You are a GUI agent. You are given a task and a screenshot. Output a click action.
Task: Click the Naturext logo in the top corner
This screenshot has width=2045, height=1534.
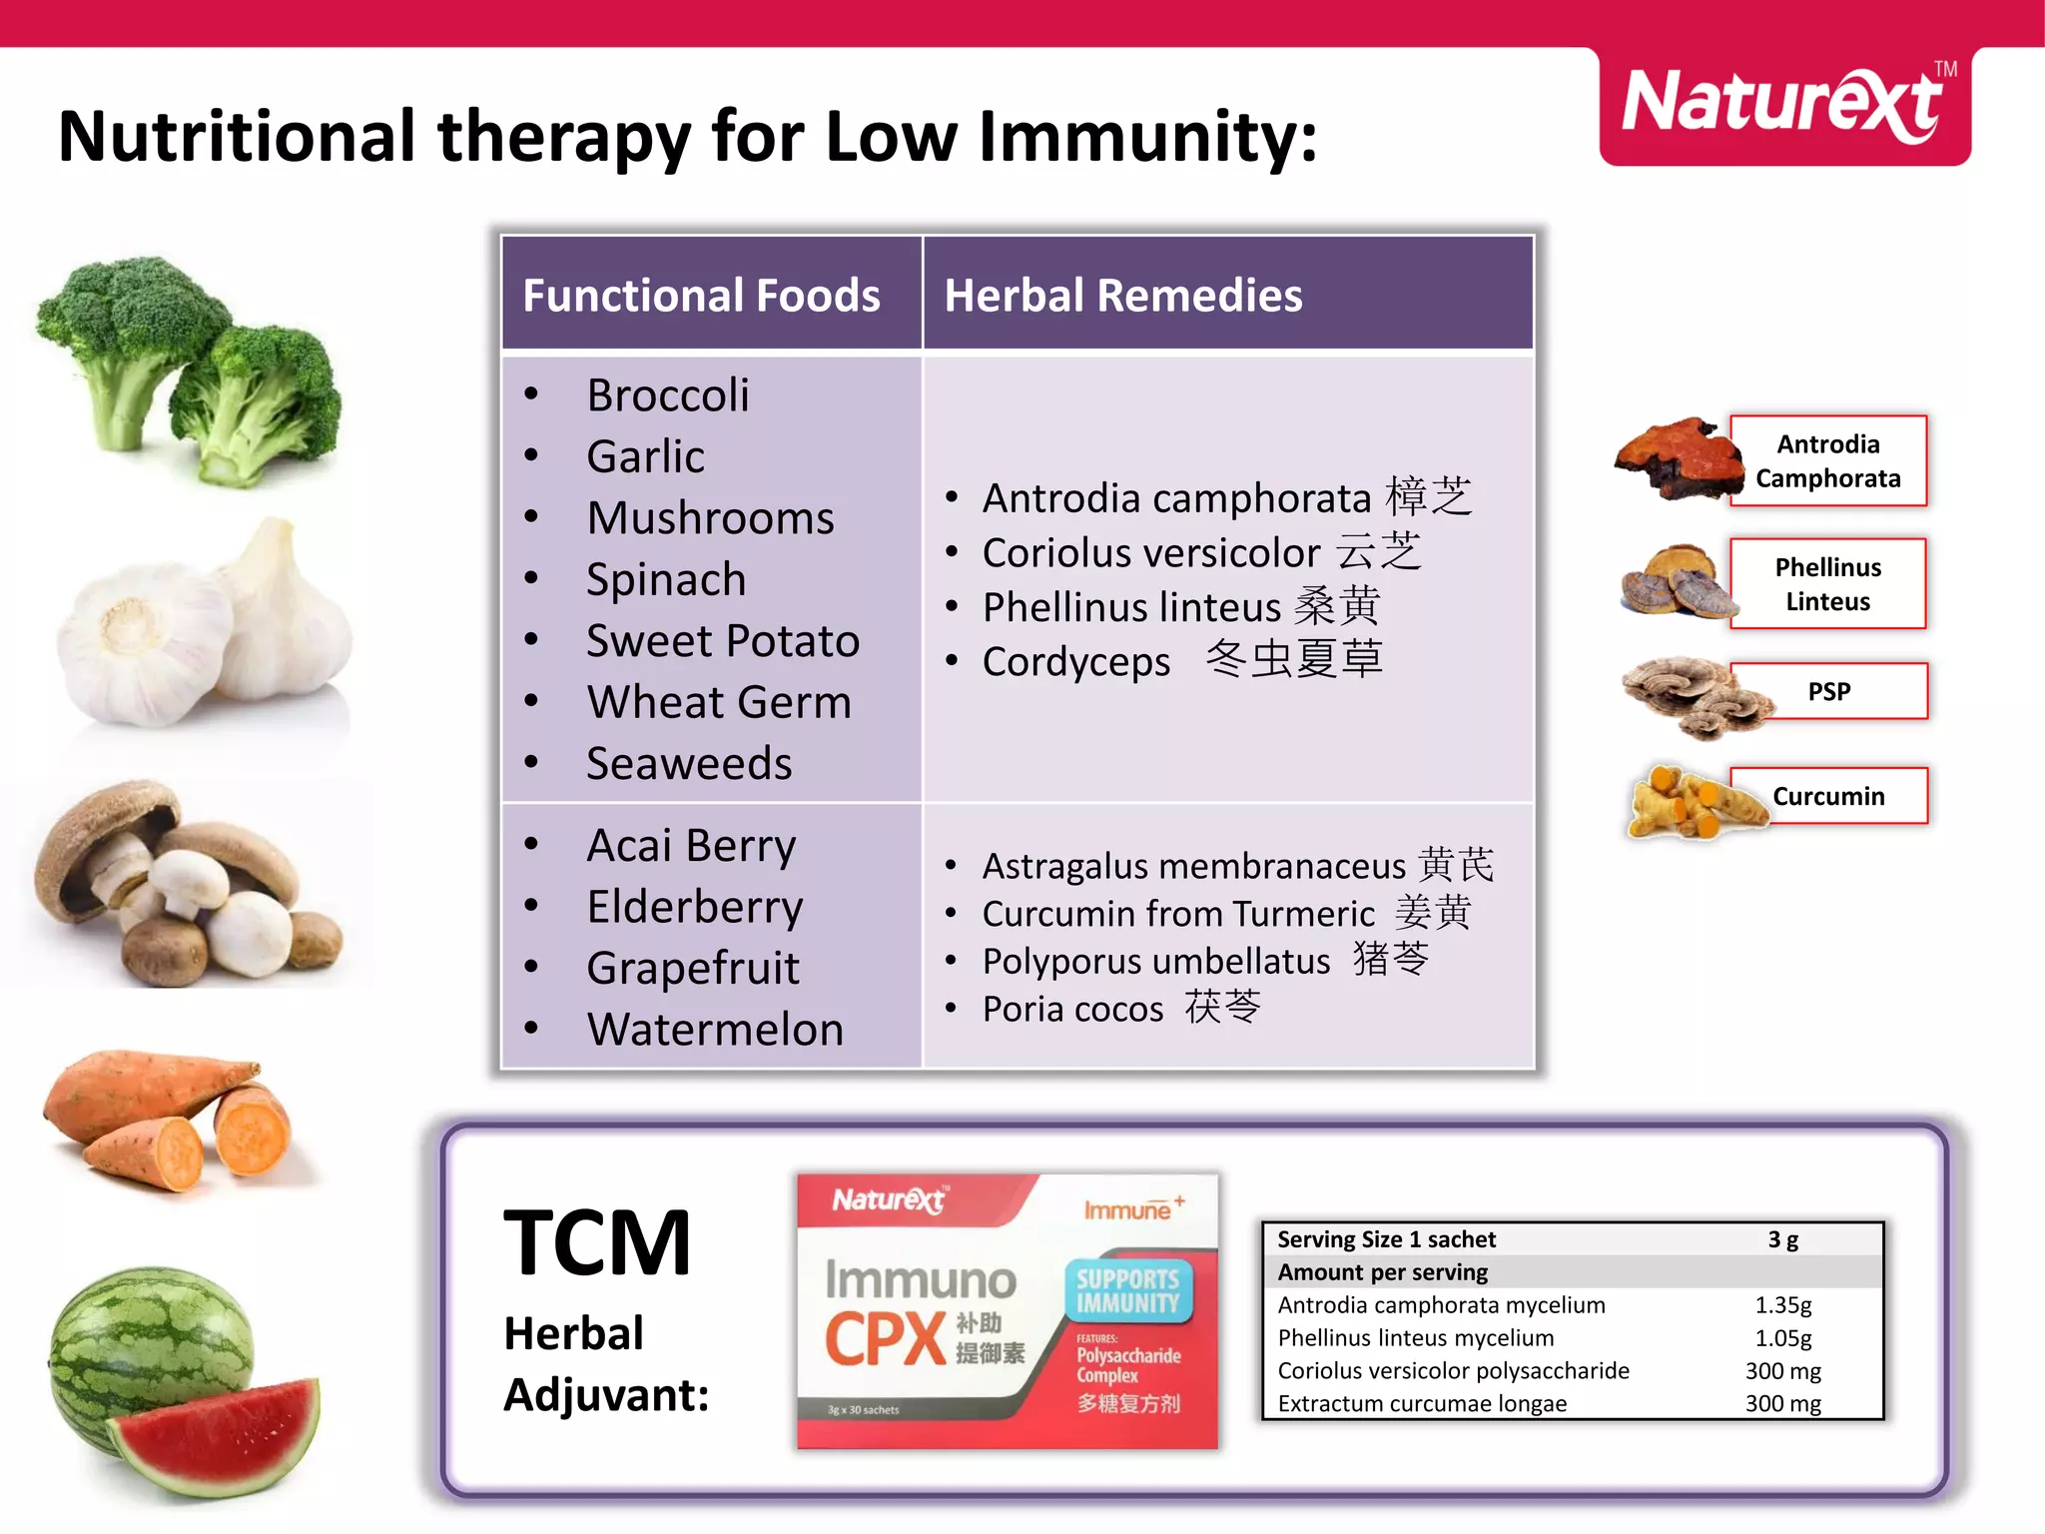tap(1783, 105)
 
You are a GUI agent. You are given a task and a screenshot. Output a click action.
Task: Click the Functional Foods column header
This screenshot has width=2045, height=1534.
tap(701, 296)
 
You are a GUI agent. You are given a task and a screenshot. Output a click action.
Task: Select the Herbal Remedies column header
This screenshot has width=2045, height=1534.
tap(1122, 296)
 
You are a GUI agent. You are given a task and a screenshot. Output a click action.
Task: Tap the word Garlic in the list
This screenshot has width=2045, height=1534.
tap(645, 457)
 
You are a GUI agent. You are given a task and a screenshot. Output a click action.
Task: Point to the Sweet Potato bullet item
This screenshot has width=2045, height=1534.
tap(722, 641)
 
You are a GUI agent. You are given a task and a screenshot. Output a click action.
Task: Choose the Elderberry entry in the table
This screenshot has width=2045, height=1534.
tap(694, 908)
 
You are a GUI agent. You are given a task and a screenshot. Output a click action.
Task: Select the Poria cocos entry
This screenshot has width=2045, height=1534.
tap(1120, 1009)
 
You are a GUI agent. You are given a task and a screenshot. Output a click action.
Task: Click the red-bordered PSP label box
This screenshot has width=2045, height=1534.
tap(1828, 691)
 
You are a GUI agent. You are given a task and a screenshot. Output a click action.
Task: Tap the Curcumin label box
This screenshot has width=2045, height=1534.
tap(1828, 796)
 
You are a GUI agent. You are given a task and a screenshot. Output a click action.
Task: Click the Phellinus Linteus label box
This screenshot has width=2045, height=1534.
tap(1827, 584)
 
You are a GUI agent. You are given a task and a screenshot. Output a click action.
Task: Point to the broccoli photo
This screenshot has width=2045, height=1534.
tap(190, 370)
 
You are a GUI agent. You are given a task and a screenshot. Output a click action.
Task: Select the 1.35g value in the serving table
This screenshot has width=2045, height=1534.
tap(1782, 1305)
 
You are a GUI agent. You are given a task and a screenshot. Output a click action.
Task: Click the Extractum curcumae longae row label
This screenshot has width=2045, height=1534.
tap(1422, 1404)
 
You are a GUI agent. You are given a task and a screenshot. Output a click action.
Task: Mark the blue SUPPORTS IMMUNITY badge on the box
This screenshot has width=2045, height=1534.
tap(1127, 1291)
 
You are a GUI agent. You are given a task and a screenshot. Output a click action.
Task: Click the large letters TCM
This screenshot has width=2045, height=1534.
tap(597, 1244)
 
